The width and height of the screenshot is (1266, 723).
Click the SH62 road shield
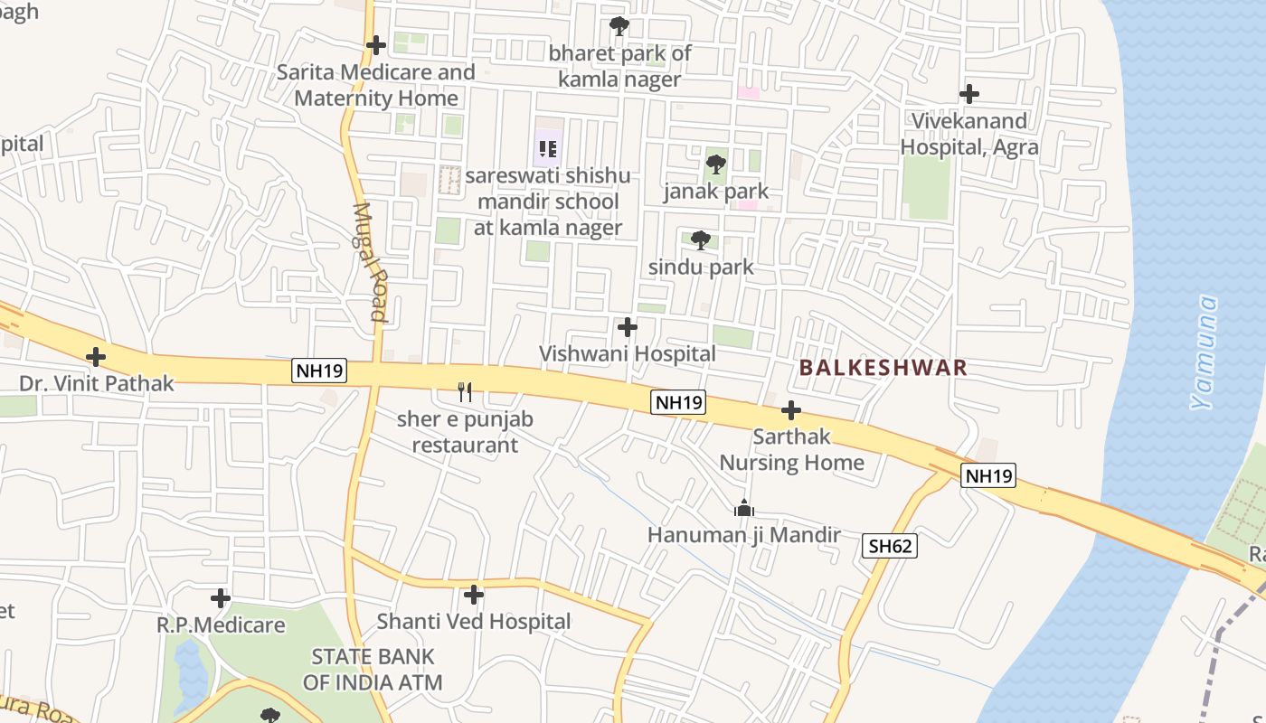pyautogui.click(x=890, y=545)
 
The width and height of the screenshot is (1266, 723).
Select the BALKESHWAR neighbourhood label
pyautogui.click(x=883, y=368)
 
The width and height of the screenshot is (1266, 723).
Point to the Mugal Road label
pyautogui.click(x=370, y=261)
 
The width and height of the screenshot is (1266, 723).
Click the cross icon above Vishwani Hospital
pyautogui.click(x=627, y=327)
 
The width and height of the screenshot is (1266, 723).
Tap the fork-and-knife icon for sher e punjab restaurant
pyautogui.click(x=465, y=392)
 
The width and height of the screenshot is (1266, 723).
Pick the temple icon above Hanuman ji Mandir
pyautogui.click(x=744, y=508)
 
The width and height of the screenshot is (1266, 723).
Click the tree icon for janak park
pyautogui.click(x=715, y=164)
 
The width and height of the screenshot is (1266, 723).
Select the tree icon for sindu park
pyautogui.click(x=700, y=240)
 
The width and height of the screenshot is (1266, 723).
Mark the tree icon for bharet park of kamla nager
pyautogui.click(x=619, y=26)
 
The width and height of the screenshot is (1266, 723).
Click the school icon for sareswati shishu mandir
pyautogui.click(x=547, y=147)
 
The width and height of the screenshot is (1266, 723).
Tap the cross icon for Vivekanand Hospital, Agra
pyautogui.click(x=969, y=94)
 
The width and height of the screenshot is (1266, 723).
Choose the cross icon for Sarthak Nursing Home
pyautogui.click(x=791, y=410)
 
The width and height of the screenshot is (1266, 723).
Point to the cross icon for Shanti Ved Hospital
pyautogui.click(x=473, y=595)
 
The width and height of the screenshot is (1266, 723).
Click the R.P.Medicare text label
pyautogui.click(x=221, y=624)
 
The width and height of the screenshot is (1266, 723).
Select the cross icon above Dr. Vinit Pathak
pyautogui.click(x=96, y=357)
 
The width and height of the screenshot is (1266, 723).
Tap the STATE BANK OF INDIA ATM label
pyautogui.click(x=373, y=669)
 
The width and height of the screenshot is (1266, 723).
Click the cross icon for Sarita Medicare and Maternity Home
pyautogui.click(x=376, y=45)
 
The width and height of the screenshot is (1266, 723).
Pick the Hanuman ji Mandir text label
pyautogui.click(x=744, y=535)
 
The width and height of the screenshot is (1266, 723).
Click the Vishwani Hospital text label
pyautogui.click(x=628, y=354)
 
